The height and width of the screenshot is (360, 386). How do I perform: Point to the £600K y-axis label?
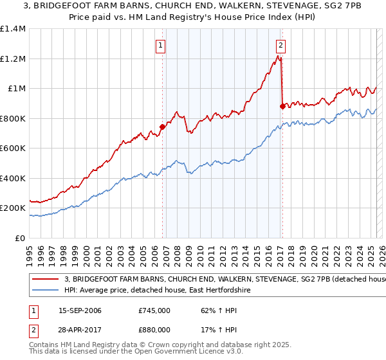(12, 148)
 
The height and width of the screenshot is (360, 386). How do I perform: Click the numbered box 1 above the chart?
(160, 46)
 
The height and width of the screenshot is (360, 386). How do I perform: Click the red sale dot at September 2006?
(162, 127)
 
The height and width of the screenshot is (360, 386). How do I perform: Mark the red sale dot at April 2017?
(282, 107)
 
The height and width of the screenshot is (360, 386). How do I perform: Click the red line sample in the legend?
(46, 280)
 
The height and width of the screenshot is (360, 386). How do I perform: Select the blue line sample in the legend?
(46, 291)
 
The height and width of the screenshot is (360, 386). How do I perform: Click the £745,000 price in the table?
(154, 310)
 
